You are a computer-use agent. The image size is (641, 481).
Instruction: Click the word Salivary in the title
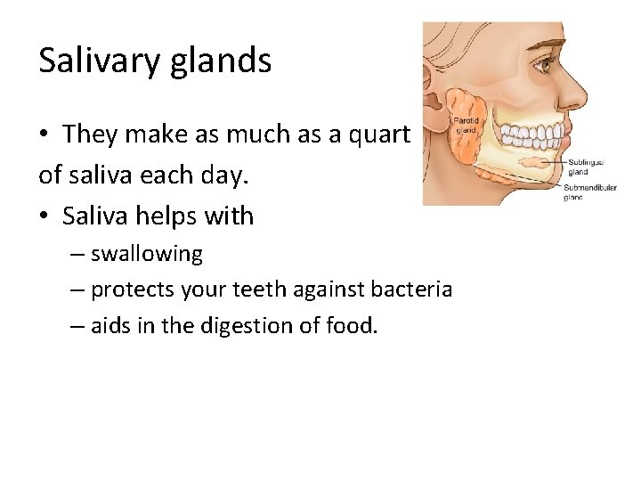point(98,61)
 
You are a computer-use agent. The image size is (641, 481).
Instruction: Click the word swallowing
point(147,254)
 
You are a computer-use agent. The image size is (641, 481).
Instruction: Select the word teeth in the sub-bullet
point(287,289)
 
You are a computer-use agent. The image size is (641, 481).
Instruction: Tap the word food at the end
point(353,326)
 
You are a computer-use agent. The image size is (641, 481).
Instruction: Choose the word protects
point(133,289)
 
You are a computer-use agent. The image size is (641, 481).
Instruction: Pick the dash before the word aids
point(77,326)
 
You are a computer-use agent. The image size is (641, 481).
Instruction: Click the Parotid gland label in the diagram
point(467,124)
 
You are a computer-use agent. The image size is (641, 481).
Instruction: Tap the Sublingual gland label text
point(585,167)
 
